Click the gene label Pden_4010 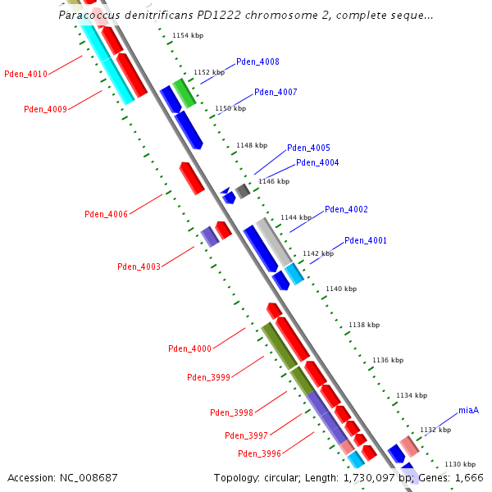pyautogui.click(x=26, y=74)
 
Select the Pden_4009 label pyautogui.click(x=45, y=109)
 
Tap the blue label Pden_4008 pyautogui.click(x=257, y=62)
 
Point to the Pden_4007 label pyautogui.click(x=276, y=93)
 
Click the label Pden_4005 pyautogui.click(x=308, y=148)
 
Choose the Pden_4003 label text pyautogui.click(x=139, y=266)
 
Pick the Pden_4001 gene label pyautogui.click(x=366, y=241)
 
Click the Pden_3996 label pyautogui.click(x=260, y=453)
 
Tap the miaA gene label pyautogui.click(x=468, y=410)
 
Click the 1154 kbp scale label pyautogui.click(x=188, y=36)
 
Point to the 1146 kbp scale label pyautogui.click(x=274, y=181)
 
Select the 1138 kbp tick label pyautogui.click(x=364, y=326)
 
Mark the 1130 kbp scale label pyautogui.click(x=460, y=464)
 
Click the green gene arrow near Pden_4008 pyautogui.click(x=184, y=93)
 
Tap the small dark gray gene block pyautogui.click(x=243, y=191)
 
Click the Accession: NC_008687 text pyautogui.click(x=62, y=477)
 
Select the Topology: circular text pyautogui.click(x=257, y=477)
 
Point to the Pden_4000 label pyautogui.click(x=190, y=348)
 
